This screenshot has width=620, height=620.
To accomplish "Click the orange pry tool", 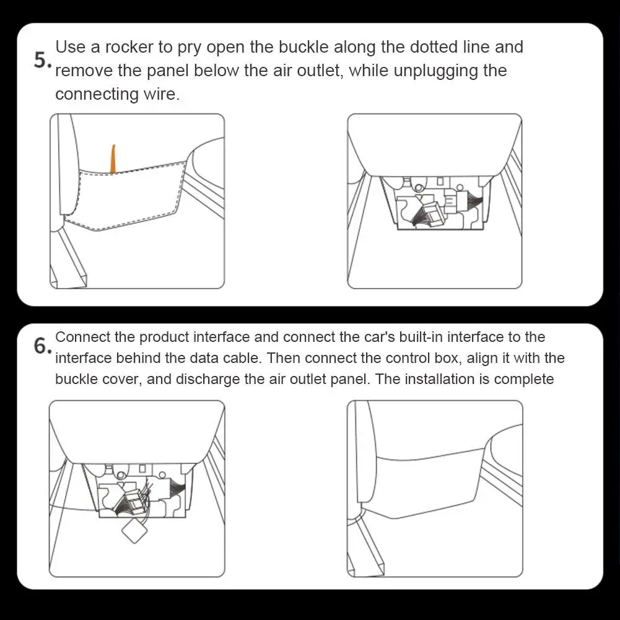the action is coord(113,159).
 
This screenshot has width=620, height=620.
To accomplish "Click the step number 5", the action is coord(41,61).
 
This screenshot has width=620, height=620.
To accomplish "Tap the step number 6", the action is coord(42,346).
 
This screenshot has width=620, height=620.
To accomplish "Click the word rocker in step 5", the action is coord(129,47).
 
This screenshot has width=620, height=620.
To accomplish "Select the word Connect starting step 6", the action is coord(82,337).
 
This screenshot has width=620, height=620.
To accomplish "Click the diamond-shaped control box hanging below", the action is coord(134,531).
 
